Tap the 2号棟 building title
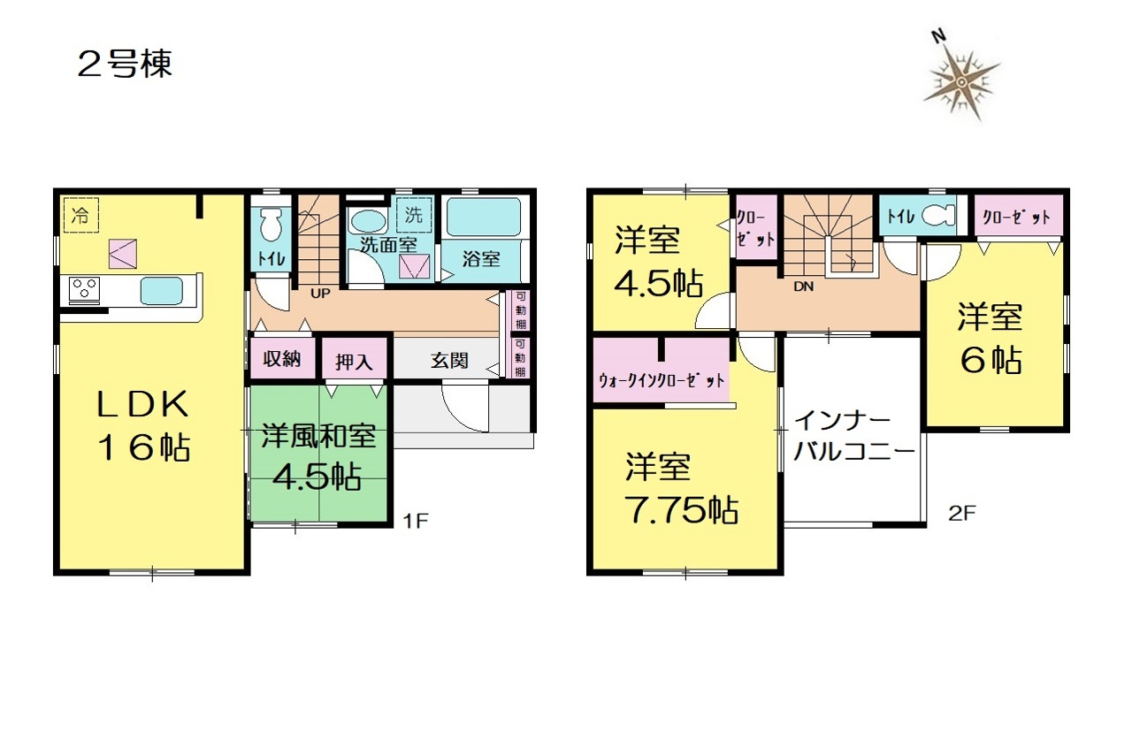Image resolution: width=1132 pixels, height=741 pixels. click(125, 65)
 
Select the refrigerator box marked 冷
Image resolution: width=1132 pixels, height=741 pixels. click(80, 215)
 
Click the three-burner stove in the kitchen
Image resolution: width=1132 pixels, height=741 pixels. click(84, 290)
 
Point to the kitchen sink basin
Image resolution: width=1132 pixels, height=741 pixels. click(162, 291)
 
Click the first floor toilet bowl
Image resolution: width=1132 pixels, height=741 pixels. click(271, 225)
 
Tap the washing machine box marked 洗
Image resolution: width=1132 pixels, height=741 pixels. click(414, 214)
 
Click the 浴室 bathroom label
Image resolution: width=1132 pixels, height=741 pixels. click(480, 259)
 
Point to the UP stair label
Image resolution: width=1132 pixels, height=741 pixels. click(320, 294)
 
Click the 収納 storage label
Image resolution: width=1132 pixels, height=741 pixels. click(282, 359)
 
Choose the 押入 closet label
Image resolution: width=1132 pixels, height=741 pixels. click(354, 361)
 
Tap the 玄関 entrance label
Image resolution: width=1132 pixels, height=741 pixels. click(449, 361)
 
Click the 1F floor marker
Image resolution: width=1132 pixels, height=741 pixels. click(416, 520)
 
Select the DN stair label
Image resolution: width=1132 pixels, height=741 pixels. click(804, 286)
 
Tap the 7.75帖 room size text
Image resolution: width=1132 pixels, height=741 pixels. click(682, 509)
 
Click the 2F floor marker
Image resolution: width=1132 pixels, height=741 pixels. click(961, 514)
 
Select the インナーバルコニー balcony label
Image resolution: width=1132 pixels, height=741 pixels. click(854, 437)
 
